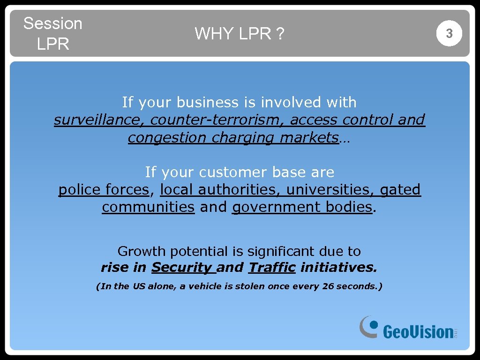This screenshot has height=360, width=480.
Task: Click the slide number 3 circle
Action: [449, 34]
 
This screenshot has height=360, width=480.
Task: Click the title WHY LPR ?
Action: [239, 34]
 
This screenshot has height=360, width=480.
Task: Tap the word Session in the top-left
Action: [52, 23]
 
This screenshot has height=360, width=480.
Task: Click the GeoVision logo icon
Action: [369, 326]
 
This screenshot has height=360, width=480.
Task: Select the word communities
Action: [148, 207]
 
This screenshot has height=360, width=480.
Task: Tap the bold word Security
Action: [181, 268]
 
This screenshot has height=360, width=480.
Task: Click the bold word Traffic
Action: [272, 268]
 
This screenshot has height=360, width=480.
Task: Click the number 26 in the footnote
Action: [328, 286]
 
